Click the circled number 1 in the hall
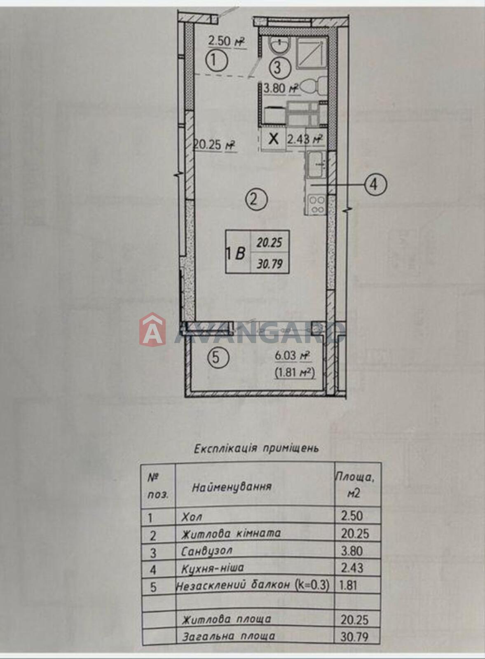pyautogui.click(x=217, y=61)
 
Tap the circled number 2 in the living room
pyautogui.click(x=256, y=200)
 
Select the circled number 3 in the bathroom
pyautogui.click(x=279, y=68)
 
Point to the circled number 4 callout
pyautogui.click(x=374, y=185)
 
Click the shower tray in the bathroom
pyautogui.click(x=311, y=54)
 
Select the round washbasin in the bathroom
pyautogui.click(x=279, y=46)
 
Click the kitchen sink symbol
pyautogui.click(x=316, y=165)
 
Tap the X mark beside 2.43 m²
pyautogui.click(x=274, y=138)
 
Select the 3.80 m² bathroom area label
pyautogui.click(x=281, y=89)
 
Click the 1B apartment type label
pyautogui.click(x=237, y=253)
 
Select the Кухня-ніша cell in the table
pyautogui.click(x=212, y=568)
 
